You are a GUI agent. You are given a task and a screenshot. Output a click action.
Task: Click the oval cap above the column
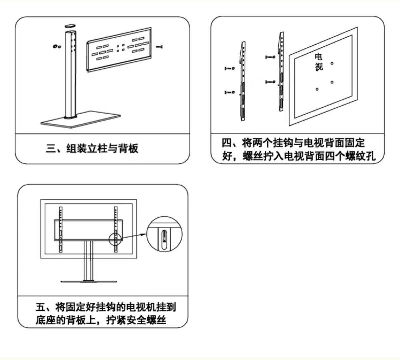click(70, 25)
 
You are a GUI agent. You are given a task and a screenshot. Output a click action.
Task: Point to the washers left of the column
click(56, 46)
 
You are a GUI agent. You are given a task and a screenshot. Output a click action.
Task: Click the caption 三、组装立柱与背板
click(92, 148)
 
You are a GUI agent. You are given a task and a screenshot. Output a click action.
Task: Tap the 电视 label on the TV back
click(319, 62)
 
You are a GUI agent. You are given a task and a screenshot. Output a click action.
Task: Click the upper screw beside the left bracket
click(229, 68)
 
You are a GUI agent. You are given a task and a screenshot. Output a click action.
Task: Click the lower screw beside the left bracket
click(229, 92)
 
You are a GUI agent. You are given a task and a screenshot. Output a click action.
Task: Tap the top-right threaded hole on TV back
click(332, 63)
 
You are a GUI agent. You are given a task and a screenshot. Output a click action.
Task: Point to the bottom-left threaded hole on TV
click(317, 89)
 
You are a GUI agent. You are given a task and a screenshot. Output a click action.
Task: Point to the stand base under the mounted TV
click(89, 282)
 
